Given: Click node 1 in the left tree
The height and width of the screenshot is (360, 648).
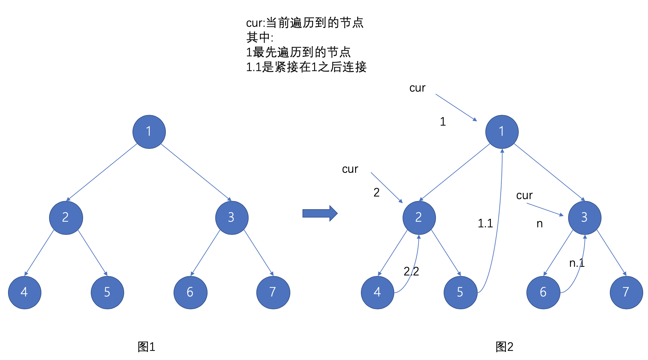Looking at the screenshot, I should (149, 132).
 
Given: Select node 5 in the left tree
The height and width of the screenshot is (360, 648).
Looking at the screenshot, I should (107, 292).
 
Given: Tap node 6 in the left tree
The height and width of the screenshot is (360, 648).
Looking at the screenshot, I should (190, 292).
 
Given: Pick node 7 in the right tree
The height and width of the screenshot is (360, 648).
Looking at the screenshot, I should (626, 292).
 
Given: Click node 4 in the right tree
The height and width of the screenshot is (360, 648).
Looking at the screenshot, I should (377, 292).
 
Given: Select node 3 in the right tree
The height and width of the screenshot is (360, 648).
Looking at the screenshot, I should (584, 218).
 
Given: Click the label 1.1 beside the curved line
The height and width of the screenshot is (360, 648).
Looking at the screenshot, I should (485, 223).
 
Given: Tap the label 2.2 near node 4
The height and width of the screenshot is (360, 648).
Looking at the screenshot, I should (411, 271).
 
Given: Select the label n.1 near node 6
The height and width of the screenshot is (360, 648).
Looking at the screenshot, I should (577, 263).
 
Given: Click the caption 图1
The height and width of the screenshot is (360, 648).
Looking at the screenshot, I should (146, 347).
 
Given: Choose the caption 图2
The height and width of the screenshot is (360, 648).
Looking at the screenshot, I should (504, 347).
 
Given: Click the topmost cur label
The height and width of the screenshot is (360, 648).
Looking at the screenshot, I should (417, 88).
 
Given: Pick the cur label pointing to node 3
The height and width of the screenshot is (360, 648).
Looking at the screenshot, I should (524, 195).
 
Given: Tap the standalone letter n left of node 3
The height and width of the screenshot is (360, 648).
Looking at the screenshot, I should (540, 224).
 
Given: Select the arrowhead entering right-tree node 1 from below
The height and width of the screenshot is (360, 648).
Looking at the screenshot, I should (502, 151).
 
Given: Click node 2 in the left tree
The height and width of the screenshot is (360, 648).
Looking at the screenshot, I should (66, 218).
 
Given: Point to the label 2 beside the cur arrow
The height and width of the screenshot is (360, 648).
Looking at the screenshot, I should (376, 193).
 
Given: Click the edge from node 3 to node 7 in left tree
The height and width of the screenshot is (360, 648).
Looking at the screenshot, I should (258, 253).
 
